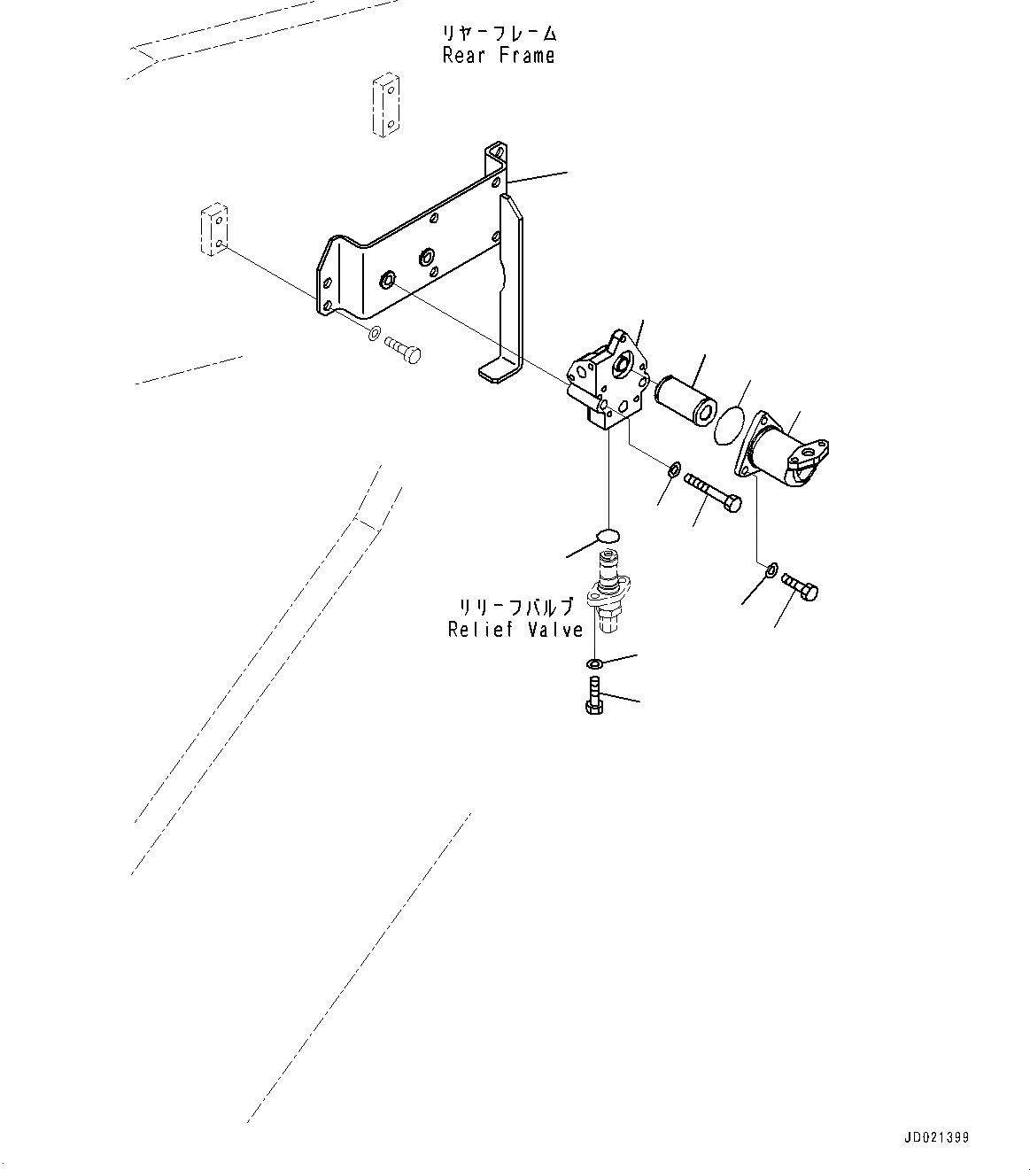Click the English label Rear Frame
tap(499, 56)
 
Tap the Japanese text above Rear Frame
tap(500, 34)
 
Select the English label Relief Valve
tap(515, 630)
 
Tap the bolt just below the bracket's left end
tap(403, 352)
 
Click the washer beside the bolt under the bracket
tap(374, 334)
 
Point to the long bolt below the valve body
tap(712, 492)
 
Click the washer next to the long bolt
tap(675, 468)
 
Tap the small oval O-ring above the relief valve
tap(608, 535)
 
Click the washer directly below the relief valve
tap(594, 663)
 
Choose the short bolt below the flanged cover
tap(801, 587)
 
